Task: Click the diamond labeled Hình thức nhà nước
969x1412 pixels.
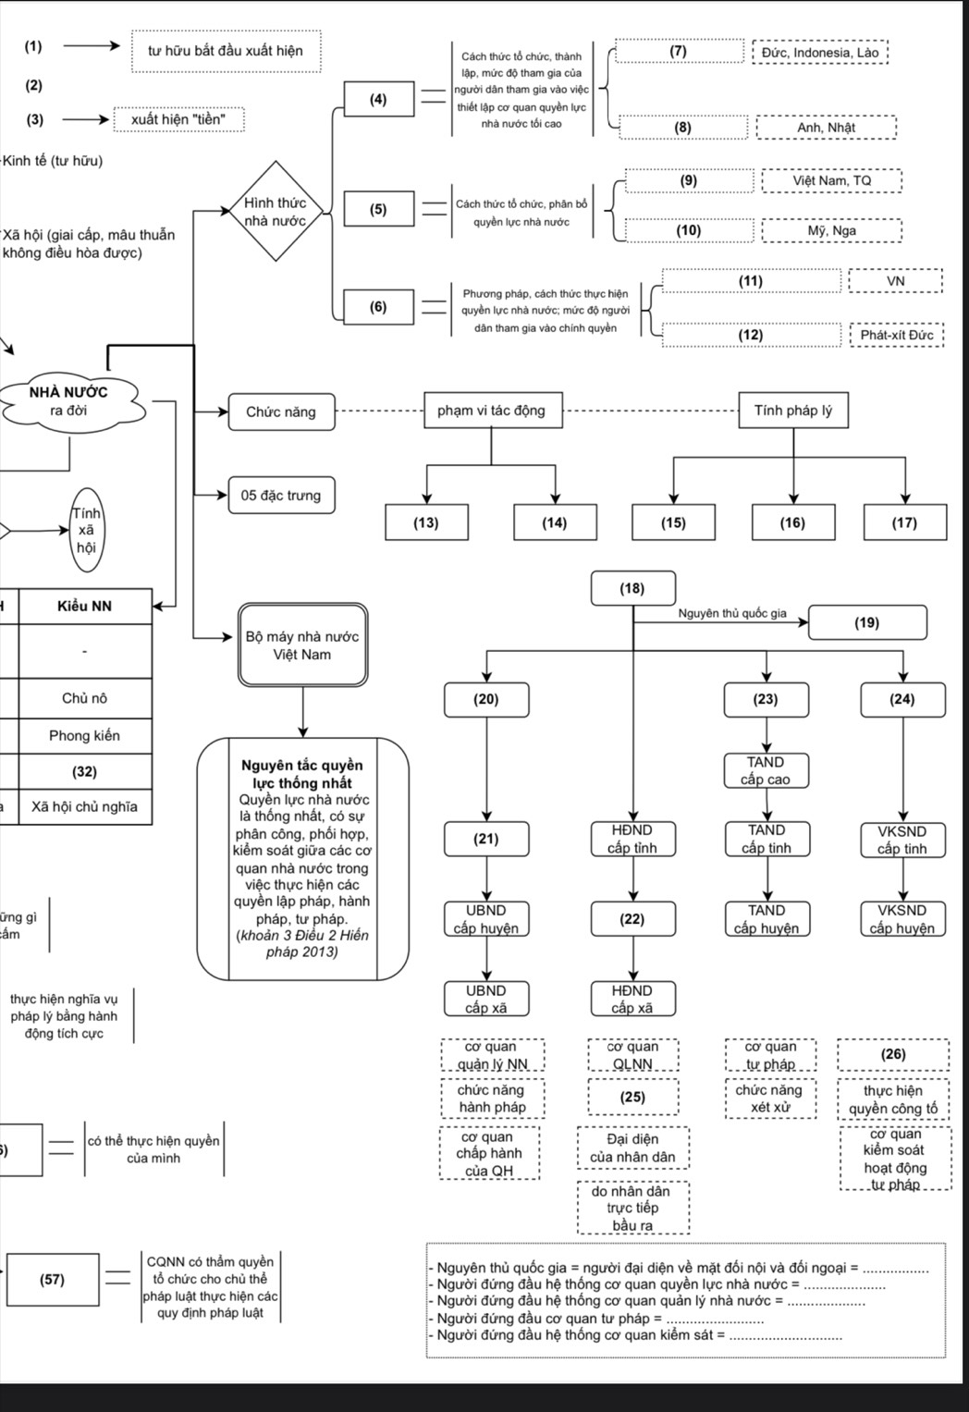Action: [275, 212]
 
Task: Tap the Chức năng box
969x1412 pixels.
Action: [280, 412]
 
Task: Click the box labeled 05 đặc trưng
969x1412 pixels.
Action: [281, 496]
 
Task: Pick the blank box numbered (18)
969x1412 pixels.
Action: [632, 588]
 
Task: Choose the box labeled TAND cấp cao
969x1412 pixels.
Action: [766, 770]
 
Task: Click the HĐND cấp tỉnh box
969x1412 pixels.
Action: [632, 839]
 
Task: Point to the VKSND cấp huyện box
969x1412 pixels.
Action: [902, 919]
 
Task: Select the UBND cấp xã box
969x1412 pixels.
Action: [485, 999]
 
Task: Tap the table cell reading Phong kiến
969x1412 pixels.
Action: [84, 735]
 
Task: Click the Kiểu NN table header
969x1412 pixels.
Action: [84, 606]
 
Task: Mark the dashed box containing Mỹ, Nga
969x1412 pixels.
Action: [831, 230]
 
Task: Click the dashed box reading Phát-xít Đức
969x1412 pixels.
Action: [896, 335]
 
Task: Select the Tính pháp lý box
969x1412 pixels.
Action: [792, 411]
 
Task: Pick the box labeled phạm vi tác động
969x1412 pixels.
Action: [491, 411]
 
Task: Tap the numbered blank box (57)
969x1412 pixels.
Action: [53, 1280]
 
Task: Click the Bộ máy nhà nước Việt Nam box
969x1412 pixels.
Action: [302, 645]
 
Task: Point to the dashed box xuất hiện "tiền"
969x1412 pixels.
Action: [178, 119]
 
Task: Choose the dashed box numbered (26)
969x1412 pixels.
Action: [893, 1054]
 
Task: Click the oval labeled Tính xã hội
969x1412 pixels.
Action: [86, 531]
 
